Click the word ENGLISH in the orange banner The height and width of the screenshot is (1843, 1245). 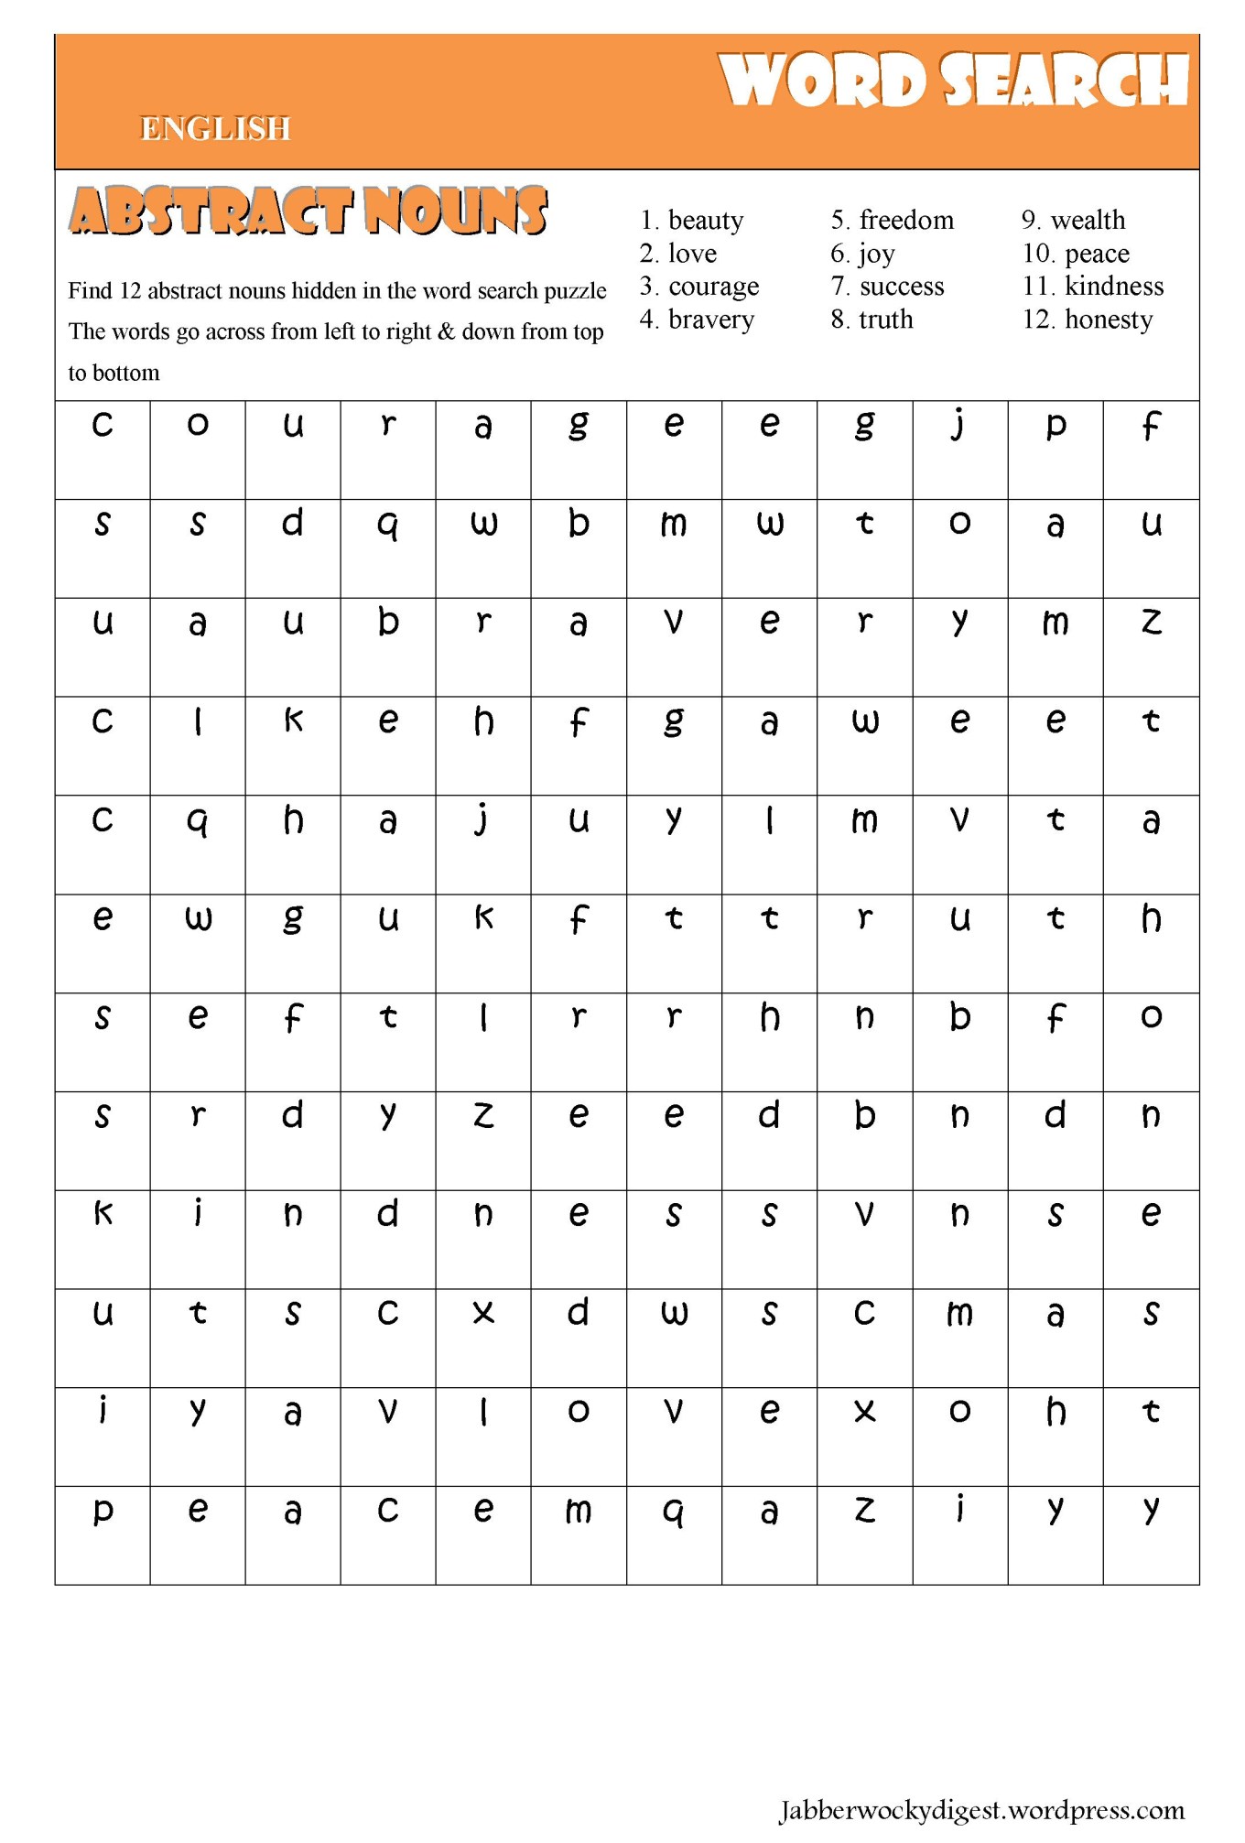tap(215, 129)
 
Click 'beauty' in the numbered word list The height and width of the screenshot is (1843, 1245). tap(705, 221)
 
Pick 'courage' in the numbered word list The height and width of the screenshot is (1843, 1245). tap(713, 287)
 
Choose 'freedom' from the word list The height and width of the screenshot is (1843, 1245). tap(905, 221)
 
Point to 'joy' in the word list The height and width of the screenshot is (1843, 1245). tap(876, 254)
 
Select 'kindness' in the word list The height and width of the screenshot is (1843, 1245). tap(1113, 287)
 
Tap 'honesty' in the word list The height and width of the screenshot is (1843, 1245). tap(1108, 320)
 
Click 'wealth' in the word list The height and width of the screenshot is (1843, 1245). tap(1087, 221)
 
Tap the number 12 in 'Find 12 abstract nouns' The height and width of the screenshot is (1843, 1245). tap(131, 291)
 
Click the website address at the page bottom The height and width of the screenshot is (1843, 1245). tap(981, 1810)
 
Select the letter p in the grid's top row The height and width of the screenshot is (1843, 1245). tap(1056, 425)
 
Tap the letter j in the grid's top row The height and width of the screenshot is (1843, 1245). tap(958, 425)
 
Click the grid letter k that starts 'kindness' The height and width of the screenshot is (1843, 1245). tap(103, 1214)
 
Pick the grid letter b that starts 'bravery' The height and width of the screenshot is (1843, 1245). tap(388, 622)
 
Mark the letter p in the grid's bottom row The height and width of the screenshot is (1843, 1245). tap(103, 1511)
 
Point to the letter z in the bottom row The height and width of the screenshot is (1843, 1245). tap(864, 1511)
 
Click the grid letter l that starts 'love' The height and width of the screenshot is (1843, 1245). tap(483, 1412)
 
